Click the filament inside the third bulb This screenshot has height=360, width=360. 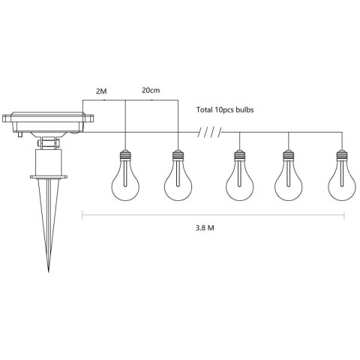click(238, 184)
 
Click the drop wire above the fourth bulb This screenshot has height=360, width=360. click(287, 141)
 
